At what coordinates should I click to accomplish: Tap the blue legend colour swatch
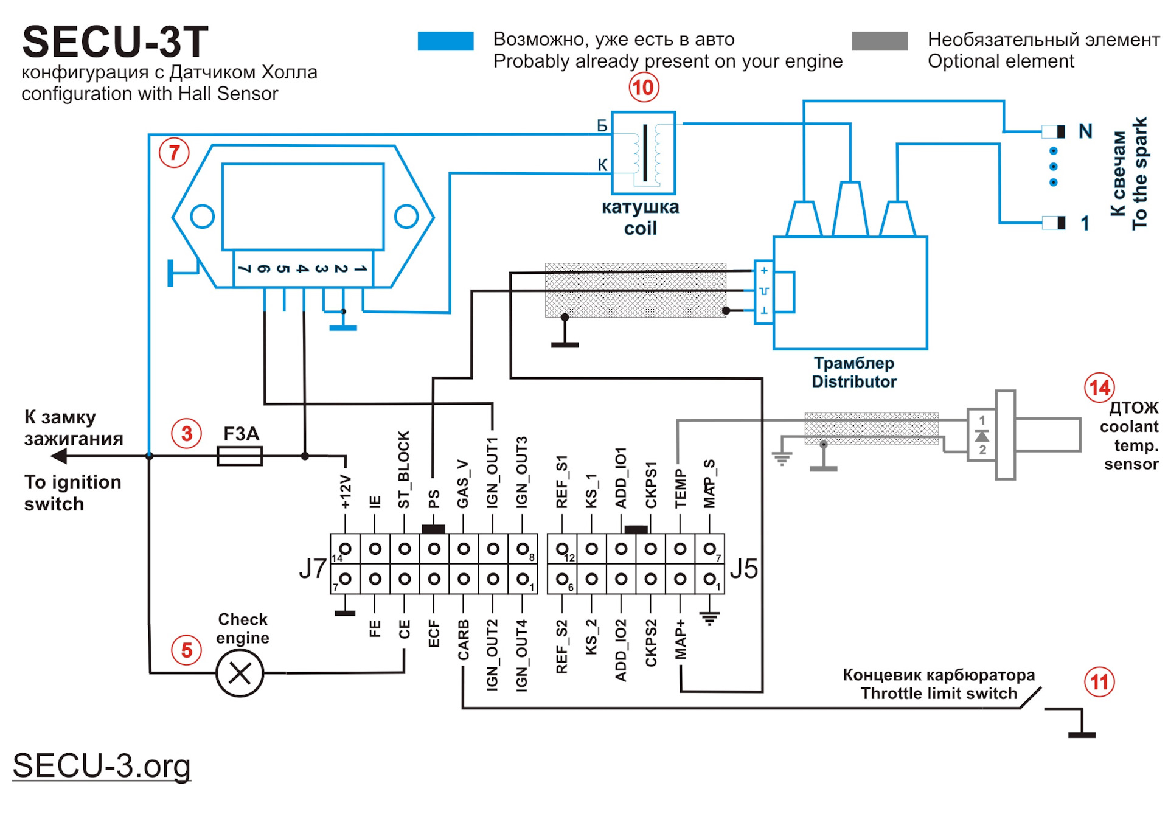tap(445, 41)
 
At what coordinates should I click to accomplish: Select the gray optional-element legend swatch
tap(880, 41)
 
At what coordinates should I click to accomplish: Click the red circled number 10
tap(643, 88)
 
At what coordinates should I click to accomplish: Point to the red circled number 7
tap(174, 152)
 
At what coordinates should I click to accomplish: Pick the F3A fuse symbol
tap(240, 456)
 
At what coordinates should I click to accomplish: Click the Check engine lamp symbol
tap(240, 673)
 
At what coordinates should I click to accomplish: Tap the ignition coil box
tap(643, 153)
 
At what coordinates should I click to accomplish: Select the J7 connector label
tap(312, 569)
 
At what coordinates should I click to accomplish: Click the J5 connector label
tap(743, 569)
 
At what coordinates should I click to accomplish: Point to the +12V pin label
tap(346, 492)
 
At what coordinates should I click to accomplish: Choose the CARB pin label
tap(464, 640)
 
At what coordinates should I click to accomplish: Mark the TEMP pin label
tap(680, 489)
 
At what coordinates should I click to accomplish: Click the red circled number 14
tap(1099, 388)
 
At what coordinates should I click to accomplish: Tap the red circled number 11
tap(1099, 682)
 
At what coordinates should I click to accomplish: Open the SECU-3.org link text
tap(102, 765)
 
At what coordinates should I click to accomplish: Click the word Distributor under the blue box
tap(853, 382)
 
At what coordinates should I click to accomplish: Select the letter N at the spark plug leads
tap(1085, 131)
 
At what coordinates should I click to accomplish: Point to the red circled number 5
tap(186, 650)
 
